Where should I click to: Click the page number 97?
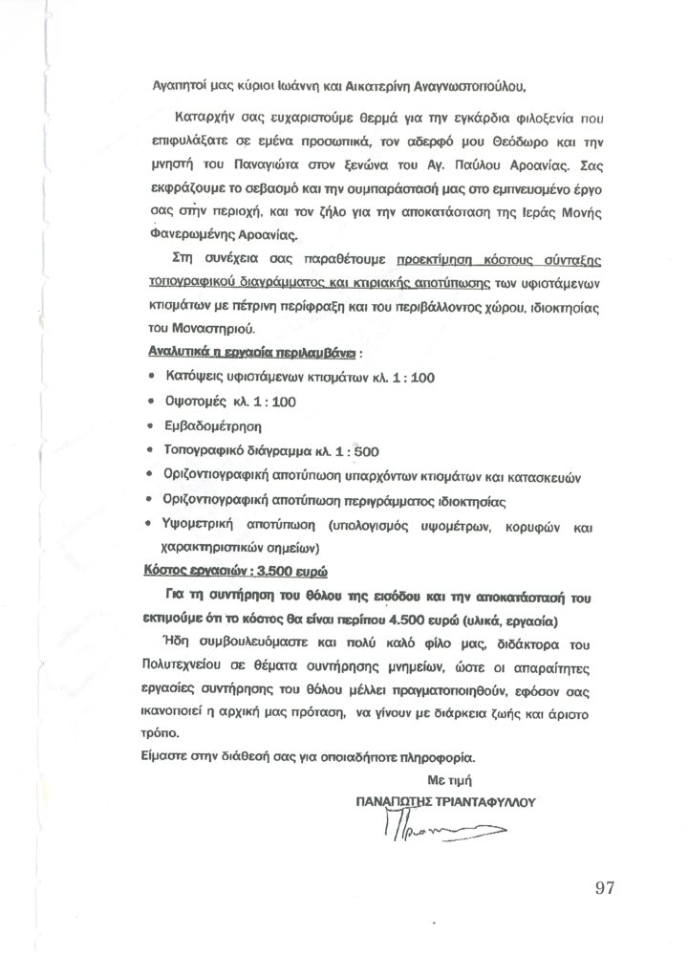click(603, 888)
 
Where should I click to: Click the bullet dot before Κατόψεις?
click(154, 376)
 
